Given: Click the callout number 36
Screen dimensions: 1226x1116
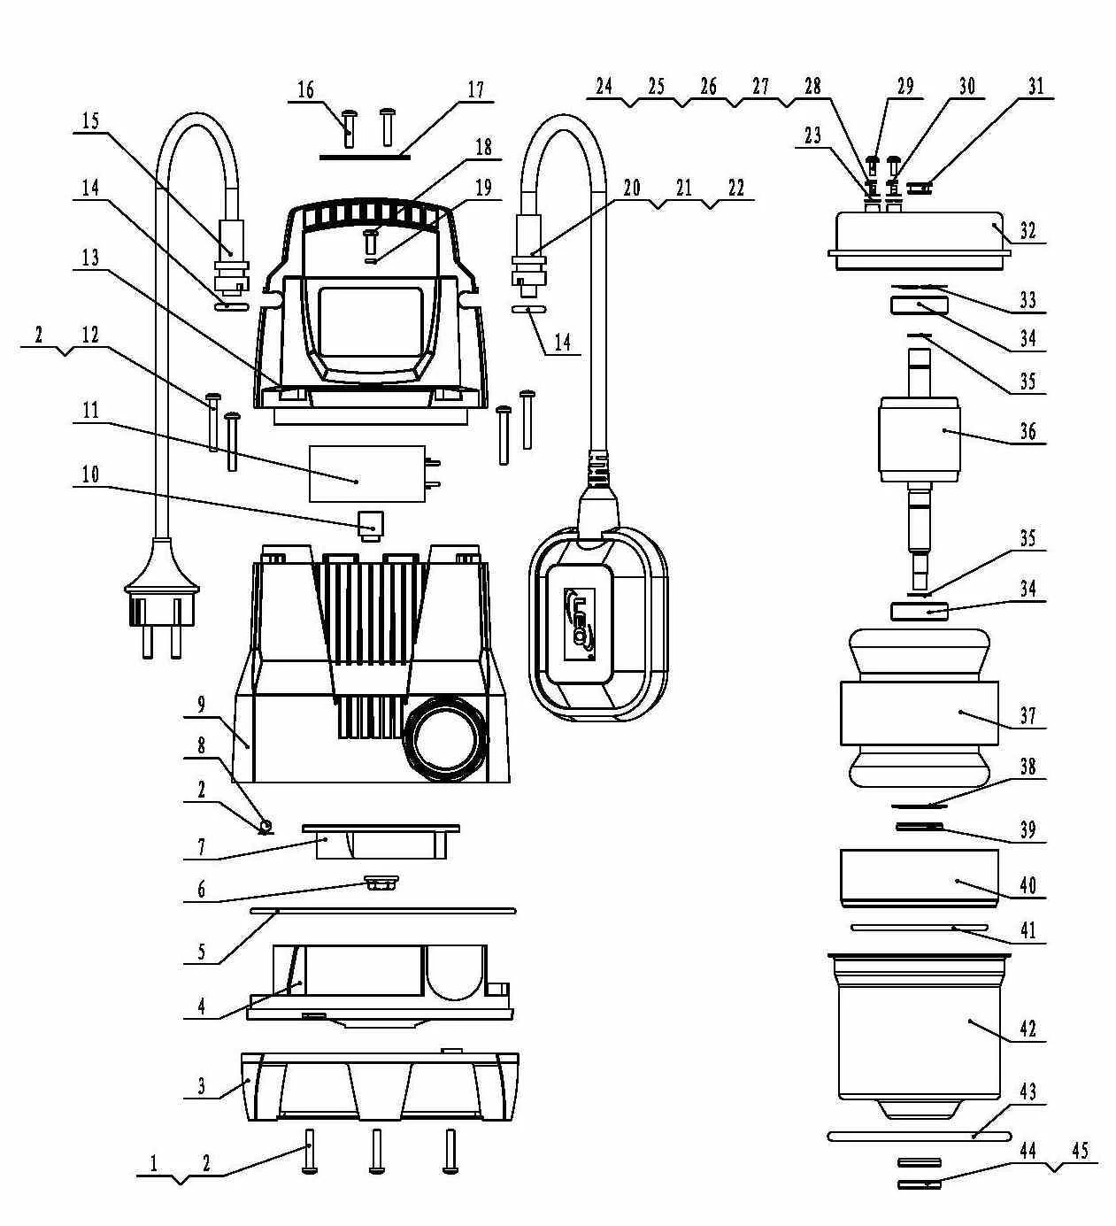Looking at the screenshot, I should [1027, 432].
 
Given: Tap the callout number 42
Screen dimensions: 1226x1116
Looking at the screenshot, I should [1027, 1029].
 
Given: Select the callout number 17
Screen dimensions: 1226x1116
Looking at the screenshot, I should [476, 89].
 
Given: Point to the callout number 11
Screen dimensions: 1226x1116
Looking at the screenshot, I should [90, 411].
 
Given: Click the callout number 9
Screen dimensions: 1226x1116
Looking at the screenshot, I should [202, 705].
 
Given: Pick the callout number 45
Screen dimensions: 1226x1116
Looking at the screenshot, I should [1080, 1151].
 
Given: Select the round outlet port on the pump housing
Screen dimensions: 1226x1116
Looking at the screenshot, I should [443, 734].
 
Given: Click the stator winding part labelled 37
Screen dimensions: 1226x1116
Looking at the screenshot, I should [917, 713].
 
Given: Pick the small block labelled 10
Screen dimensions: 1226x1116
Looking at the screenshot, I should [369, 521].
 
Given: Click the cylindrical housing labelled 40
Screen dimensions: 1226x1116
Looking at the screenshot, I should [919, 876].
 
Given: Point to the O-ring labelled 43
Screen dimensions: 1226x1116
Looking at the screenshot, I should [919, 1136].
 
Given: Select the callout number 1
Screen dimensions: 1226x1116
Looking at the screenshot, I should [154, 1163].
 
